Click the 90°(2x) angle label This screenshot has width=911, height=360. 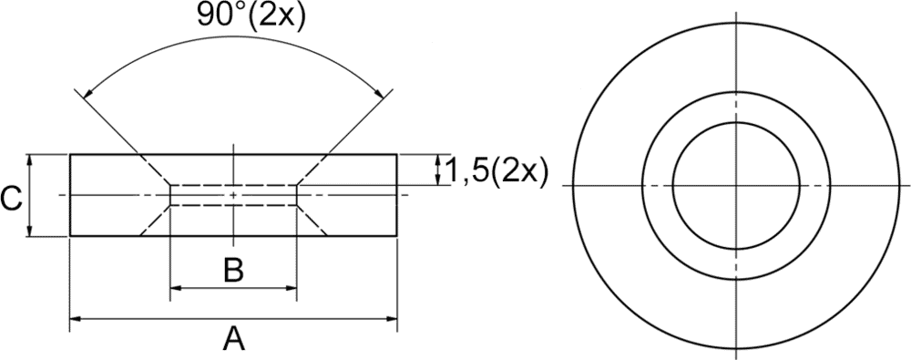coord(250,15)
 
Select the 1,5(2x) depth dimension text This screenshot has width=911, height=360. coord(495,173)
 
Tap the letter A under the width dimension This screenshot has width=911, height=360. coord(233,338)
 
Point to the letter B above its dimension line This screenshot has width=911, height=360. coord(233,271)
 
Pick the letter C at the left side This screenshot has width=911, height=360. coord(11,200)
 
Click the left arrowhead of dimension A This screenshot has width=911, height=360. coord(77,318)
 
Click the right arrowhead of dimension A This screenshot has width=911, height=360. coord(391,318)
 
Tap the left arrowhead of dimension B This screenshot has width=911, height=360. coord(176,287)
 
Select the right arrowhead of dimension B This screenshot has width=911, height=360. coord(291,287)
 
